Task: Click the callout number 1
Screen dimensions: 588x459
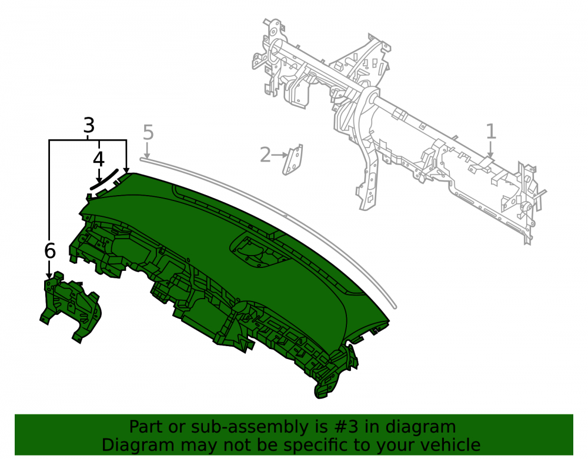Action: point(491,131)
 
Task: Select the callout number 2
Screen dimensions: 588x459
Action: point(265,155)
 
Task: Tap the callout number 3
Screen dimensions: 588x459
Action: point(89,125)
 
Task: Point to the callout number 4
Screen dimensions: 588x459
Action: point(98,159)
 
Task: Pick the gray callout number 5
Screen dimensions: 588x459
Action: point(148,133)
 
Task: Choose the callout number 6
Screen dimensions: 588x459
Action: point(50,251)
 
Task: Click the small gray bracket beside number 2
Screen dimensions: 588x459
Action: point(292,160)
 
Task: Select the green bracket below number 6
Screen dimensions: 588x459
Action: point(71,307)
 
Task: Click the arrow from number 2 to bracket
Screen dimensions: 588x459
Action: point(279,155)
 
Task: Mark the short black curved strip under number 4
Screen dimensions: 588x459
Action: point(104,179)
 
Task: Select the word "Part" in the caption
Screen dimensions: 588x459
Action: point(146,427)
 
